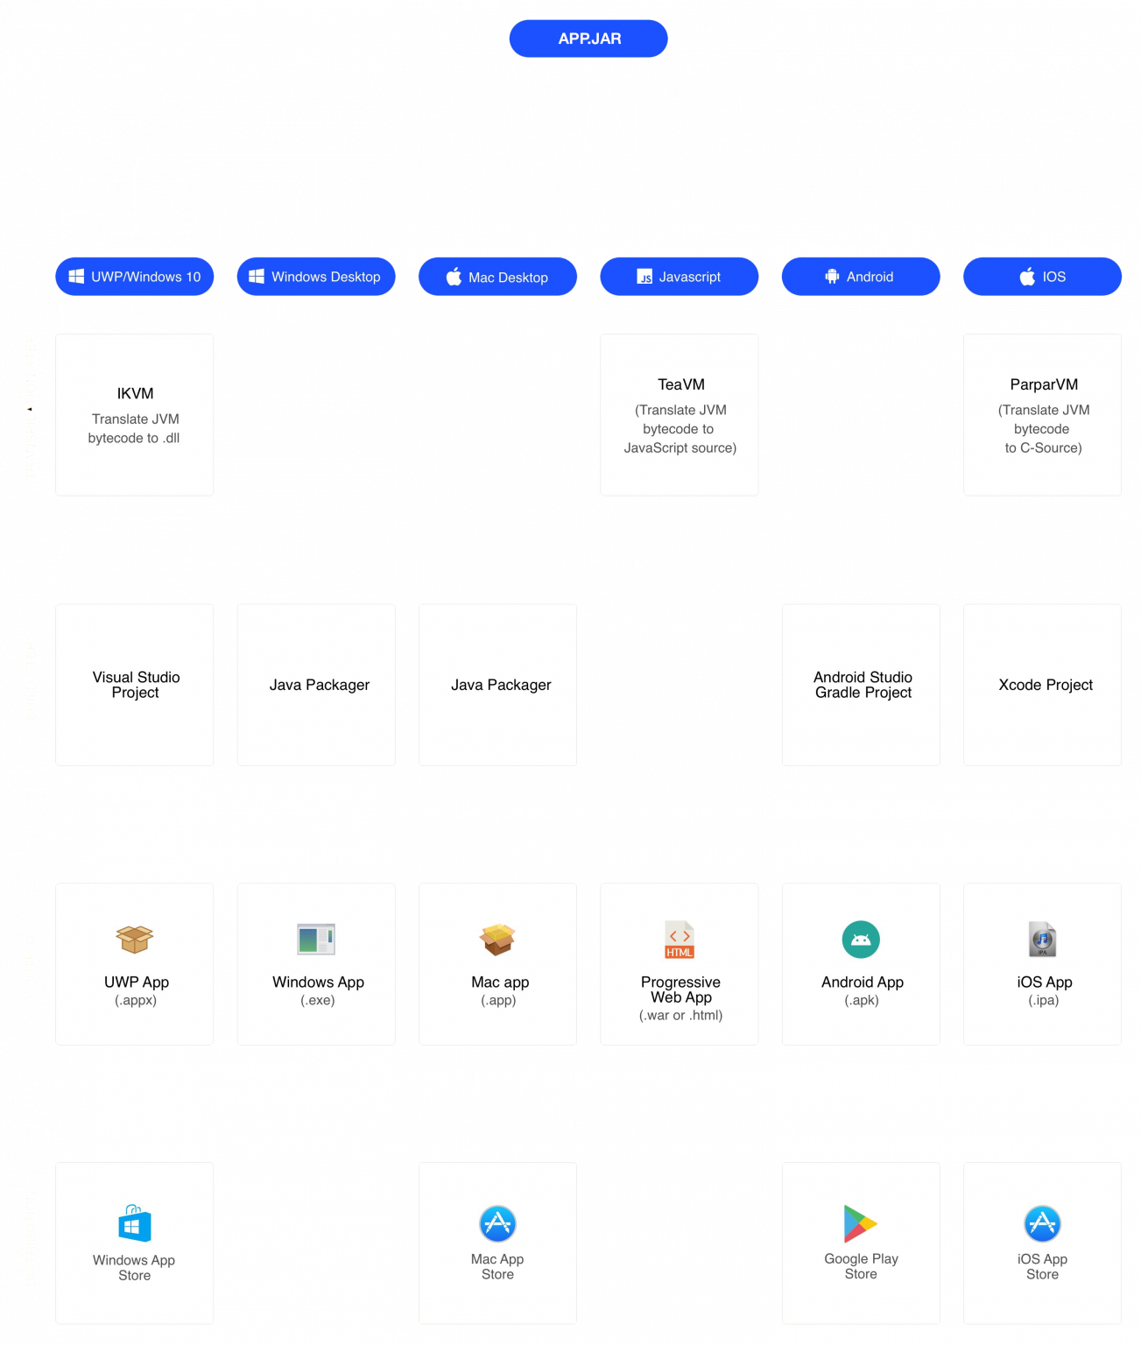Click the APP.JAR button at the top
coord(588,39)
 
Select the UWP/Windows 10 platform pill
coord(135,277)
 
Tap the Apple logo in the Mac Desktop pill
coord(454,277)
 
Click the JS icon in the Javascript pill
coord(644,277)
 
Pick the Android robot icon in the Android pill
coord(832,277)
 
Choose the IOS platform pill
coord(1042,277)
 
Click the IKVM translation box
coord(135,414)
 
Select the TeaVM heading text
coord(680,384)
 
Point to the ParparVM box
coord(1042,414)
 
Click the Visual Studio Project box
coord(135,685)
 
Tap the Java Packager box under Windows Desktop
coord(316,685)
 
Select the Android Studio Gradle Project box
coord(862,685)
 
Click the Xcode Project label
coord(1046,685)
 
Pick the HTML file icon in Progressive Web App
coord(680,940)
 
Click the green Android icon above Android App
coord(861,940)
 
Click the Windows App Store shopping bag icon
coord(135,1223)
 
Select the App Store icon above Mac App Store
coord(497,1223)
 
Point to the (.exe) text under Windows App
coord(317,1000)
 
